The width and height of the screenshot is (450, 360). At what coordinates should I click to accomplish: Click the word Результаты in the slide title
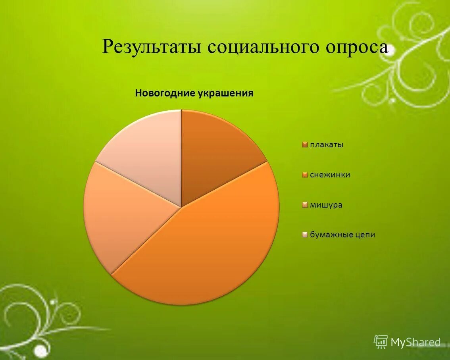pyautogui.click(x=152, y=47)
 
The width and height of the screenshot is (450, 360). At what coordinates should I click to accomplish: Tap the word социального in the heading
pyautogui.click(x=263, y=47)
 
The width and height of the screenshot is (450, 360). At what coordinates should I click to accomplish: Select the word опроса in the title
pyautogui.click(x=357, y=47)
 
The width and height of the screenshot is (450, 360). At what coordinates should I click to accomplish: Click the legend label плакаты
pyautogui.click(x=327, y=144)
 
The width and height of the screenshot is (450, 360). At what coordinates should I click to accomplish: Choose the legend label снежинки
pyautogui.click(x=330, y=175)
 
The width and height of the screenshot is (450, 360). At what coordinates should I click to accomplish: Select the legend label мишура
pyautogui.click(x=326, y=205)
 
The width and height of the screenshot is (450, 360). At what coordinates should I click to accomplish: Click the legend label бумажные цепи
pyautogui.click(x=342, y=235)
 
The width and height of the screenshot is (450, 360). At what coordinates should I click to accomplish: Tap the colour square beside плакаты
pyautogui.click(x=305, y=145)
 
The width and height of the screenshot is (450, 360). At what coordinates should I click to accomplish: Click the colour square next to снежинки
pyautogui.click(x=305, y=175)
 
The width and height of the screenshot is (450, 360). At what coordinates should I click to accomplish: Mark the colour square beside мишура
pyautogui.click(x=305, y=205)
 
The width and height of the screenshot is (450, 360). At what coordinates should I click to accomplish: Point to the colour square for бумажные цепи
pyautogui.click(x=305, y=235)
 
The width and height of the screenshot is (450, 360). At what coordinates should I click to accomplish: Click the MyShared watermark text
pyautogui.click(x=415, y=342)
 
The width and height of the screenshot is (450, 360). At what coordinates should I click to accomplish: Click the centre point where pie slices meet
pyautogui.click(x=181, y=207)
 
